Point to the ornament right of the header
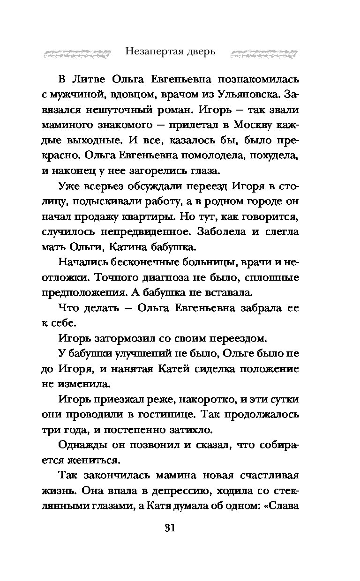pyautogui.click(x=264, y=53)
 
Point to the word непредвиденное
pyautogui.click(x=146, y=232)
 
